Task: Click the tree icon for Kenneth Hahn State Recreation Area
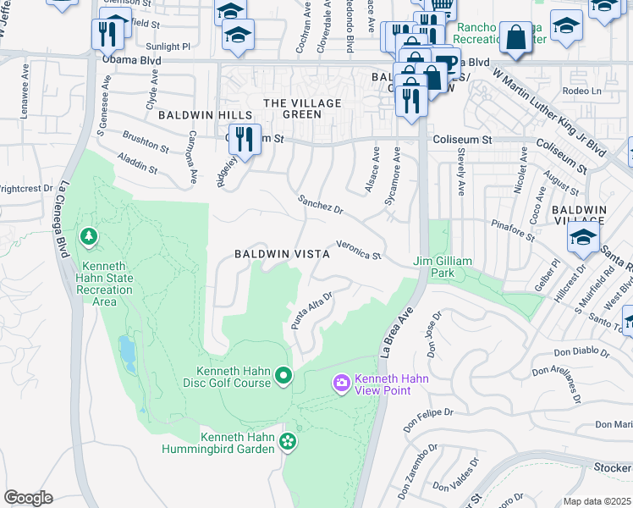(87, 235)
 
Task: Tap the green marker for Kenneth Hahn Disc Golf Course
(283, 375)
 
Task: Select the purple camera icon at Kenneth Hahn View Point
(342, 384)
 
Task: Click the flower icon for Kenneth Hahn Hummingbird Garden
(288, 441)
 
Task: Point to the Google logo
(28, 498)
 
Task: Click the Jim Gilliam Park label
(442, 268)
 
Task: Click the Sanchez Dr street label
(320, 203)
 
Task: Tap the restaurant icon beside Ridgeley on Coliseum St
(244, 138)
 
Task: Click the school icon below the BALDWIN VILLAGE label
(583, 238)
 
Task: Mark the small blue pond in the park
(127, 354)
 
